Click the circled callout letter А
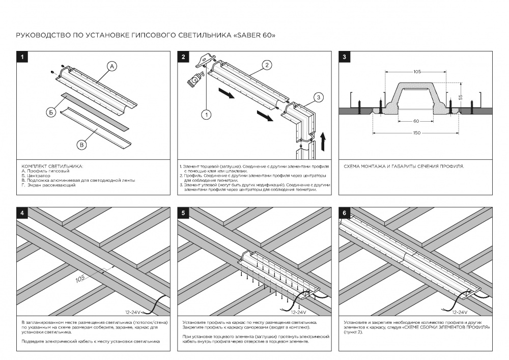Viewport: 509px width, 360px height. [x=112, y=66]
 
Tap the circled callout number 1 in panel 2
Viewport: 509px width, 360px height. [x=206, y=114]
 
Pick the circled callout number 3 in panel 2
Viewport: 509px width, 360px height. [x=317, y=97]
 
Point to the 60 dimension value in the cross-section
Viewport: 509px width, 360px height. [x=417, y=121]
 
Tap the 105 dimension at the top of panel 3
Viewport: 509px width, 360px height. [x=417, y=72]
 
